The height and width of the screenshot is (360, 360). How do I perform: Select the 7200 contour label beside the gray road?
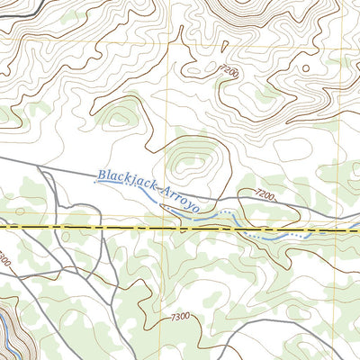[x=263, y=193]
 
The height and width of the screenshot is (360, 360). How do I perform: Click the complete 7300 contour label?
[x=179, y=317]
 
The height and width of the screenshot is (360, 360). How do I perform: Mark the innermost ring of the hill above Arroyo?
[x=192, y=161]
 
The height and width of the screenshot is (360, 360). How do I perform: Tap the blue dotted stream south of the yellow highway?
[x=270, y=236]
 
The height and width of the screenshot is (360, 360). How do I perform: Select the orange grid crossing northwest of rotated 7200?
[x=171, y=40]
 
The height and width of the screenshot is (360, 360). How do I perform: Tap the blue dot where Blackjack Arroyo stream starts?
[x=95, y=182]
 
